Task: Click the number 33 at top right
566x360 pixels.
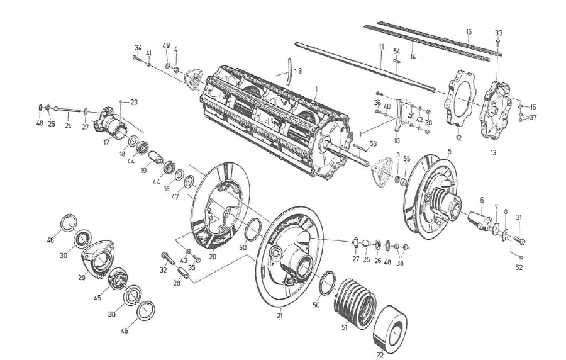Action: coord(499,32)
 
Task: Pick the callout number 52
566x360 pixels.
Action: coord(518,267)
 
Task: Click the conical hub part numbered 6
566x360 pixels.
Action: coord(479,220)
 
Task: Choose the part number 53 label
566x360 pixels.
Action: coord(374,144)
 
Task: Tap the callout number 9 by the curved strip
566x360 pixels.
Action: coord(299,70)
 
